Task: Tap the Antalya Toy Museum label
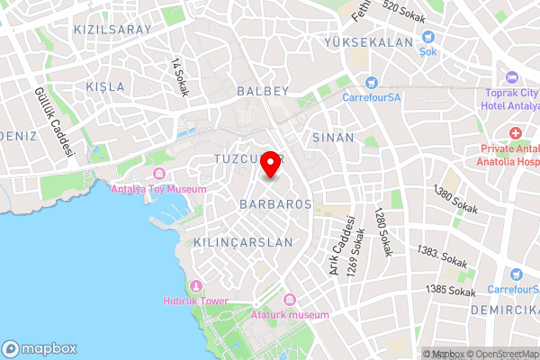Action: point(158,189)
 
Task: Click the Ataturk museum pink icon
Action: point(289,299)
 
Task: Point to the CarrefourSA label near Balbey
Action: point(371,96)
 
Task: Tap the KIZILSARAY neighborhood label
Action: point(112,29)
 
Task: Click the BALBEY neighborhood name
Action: point(263,91)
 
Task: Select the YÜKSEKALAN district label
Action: point(370,42)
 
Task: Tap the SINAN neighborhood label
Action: point(333,138)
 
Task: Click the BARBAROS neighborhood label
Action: point(276,204)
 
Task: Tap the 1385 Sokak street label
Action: point(451,290)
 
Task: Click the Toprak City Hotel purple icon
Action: point(512,78)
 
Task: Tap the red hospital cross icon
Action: point(517,134)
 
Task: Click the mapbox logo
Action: point(40,348)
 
